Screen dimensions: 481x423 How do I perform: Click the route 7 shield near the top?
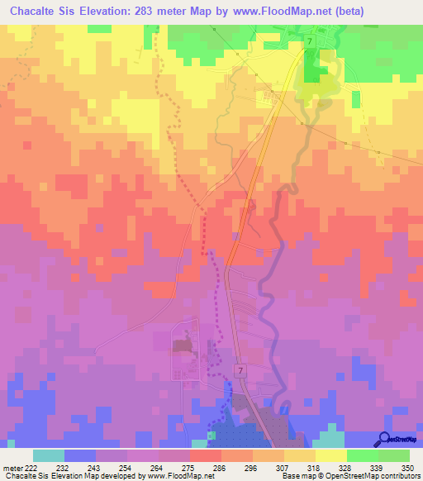click(309, 41)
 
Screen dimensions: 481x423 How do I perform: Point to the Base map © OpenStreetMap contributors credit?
click(350, 476)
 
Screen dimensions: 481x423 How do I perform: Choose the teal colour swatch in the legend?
click(49, 455)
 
